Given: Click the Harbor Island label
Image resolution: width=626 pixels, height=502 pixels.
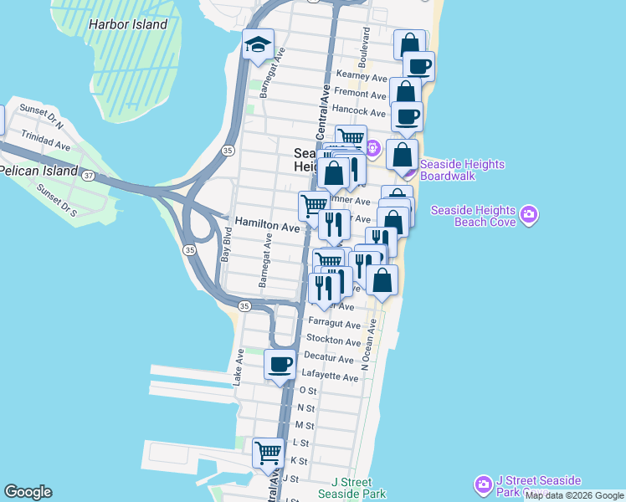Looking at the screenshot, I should click(x=128, y=24).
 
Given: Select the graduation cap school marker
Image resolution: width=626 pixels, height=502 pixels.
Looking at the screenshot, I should click(x=258, y=46).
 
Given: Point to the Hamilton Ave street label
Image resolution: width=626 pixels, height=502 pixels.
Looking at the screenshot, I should click(x=267, y=226).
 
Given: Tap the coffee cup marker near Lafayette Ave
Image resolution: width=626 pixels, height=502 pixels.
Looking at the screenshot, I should click(x=280, y=365).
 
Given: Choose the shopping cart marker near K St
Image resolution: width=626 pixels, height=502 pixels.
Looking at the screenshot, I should click(x=268, y=453).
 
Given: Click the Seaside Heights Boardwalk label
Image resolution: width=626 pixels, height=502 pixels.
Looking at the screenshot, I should click(x=462, y=170).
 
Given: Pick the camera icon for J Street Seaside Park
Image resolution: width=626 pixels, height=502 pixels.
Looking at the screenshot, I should click(x=483, y=485).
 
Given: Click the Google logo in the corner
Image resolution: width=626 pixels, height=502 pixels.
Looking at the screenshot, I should click(x=28, y=492).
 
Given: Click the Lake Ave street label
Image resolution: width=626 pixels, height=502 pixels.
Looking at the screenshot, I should click(x=239, y=366).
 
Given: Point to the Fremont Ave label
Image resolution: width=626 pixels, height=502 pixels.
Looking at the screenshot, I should click(x=358, y=93).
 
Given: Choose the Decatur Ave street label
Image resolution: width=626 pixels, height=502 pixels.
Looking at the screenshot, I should click(x=330, y=359).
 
